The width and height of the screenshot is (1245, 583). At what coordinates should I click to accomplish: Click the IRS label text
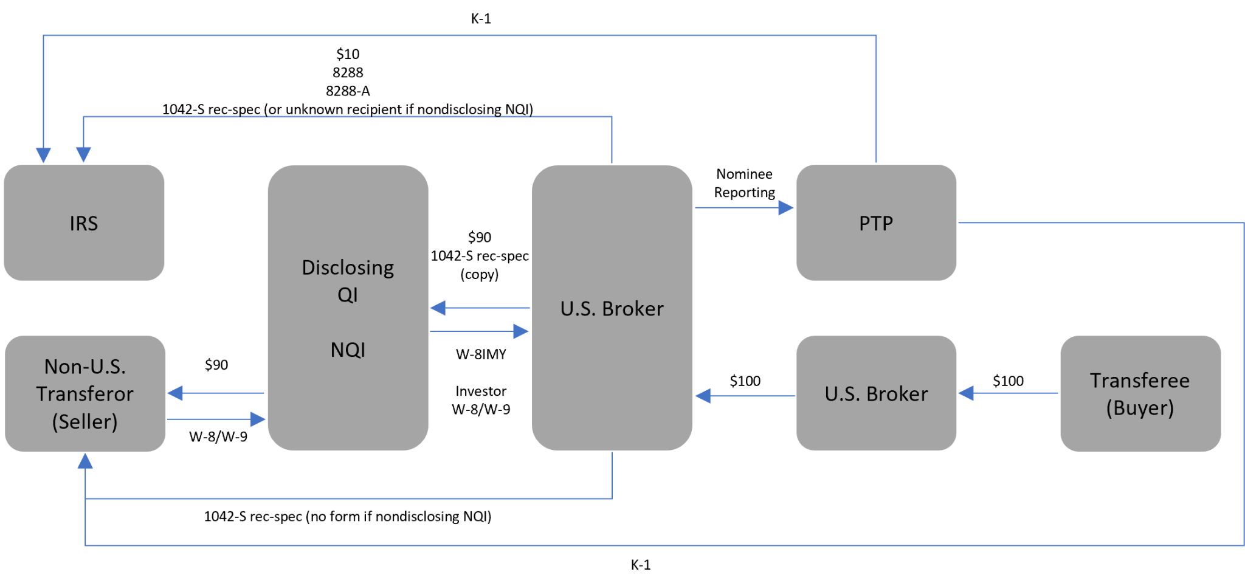[x=83, y=224]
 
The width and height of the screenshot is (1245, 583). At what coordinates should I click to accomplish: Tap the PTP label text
[x=875, y=224]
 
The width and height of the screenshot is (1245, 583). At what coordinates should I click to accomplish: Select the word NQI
[x=348, y=350]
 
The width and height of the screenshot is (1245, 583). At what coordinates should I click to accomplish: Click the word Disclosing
[x=348, y=267]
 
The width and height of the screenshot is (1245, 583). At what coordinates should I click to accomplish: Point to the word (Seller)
[x=84, y=421]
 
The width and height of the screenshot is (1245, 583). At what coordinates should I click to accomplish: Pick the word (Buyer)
[x=1139, y=408]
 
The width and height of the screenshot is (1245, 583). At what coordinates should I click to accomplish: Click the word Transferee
[x=1139, y=381]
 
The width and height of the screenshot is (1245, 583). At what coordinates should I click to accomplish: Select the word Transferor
[x=84, y=394]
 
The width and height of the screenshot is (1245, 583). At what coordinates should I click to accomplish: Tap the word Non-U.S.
[x=84, y=367]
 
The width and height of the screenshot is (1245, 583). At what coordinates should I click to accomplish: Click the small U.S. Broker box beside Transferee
[x=875, y=394]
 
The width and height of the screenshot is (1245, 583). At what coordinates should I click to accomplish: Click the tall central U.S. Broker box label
[x=612, y=309]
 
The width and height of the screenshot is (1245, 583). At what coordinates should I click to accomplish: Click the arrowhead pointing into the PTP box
[x=785, y=208]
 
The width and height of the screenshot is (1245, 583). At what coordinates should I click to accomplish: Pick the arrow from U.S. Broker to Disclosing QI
[x=480, y=308]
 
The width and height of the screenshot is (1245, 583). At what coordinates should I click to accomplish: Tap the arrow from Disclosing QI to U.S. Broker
[x=480, y=331]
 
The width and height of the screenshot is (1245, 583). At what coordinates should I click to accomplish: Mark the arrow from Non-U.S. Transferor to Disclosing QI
[x=216, y=419]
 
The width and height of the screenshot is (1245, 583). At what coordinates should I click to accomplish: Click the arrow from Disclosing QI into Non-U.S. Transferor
[x=216, y=393]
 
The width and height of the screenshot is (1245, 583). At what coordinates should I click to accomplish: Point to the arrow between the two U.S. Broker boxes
[x=745, y=396]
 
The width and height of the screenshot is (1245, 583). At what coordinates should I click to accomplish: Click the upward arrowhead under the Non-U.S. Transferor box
[x=85, y=462]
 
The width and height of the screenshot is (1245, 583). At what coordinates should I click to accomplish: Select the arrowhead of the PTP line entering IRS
[x=43, y=154]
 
